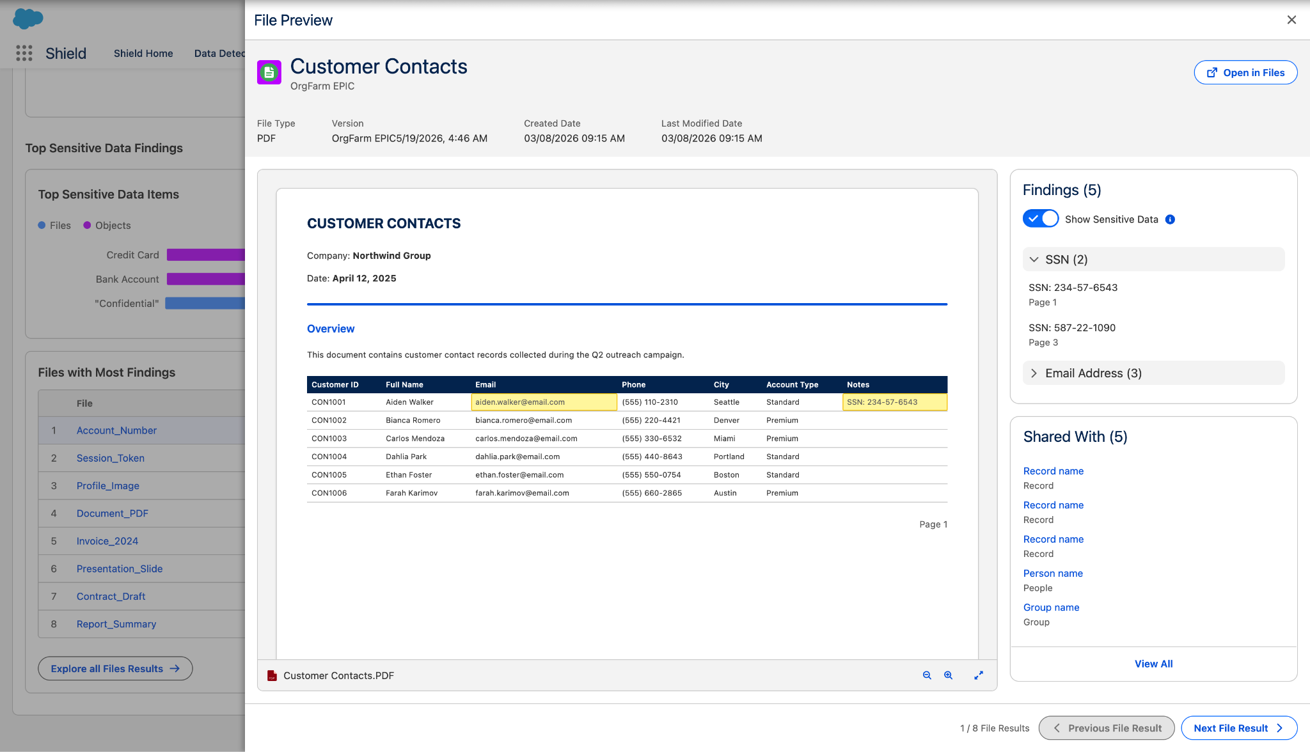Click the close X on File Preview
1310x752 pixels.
coord(1291,20)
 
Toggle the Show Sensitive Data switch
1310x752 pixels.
coord(1041,219)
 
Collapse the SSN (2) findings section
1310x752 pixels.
coord(1034,260)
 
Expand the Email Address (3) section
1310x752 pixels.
coord(1034,373)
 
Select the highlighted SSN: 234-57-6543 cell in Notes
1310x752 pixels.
coord(895,402)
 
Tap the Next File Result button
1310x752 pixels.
coord(1239,728)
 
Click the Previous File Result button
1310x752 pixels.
coord(1107,728)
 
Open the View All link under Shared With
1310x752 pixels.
coord(1153,664)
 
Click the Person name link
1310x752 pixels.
coord(1053,574)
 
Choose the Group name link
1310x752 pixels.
coord(1051,607)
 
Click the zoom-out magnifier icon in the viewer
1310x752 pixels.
coord(927,675)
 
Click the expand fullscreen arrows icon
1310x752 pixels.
coord(979,675)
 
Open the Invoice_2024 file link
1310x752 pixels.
coord(107,541)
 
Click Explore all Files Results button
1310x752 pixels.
coord(115,669)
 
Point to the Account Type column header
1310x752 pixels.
coord(792,385)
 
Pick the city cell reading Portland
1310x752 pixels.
coord(729,457)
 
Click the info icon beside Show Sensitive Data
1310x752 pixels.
coord(1170,219)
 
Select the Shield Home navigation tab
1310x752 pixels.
coord(143,54)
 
